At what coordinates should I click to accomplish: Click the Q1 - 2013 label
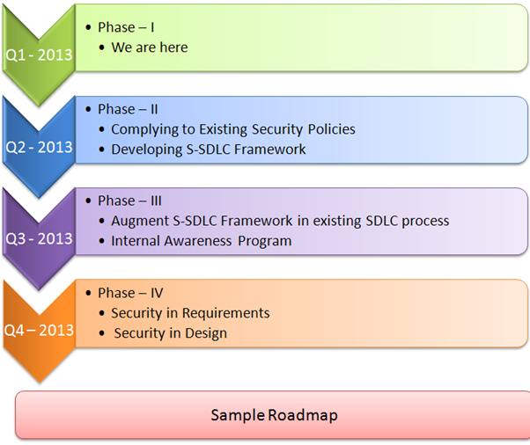(x=39, y=55)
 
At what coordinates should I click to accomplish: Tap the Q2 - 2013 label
(x=39, y=147)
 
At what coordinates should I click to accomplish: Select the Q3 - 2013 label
(x=39, y=238)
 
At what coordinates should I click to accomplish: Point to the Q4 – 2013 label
(x=39, y=331)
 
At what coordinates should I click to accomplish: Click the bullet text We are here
(x=149, y=47)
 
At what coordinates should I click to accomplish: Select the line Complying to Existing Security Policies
(x=232, y=129)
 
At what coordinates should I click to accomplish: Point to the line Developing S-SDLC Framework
(x=208, y=150)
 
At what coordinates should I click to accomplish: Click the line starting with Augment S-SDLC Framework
(x=279, y=221)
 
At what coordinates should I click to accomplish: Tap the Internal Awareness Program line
(x=201, y=241)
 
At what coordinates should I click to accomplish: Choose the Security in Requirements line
(x=190, y=313)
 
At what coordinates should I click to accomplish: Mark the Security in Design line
(x=170, y=333)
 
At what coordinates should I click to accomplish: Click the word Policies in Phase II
(x=332, y=129)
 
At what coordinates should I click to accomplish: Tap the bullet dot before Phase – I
(x=88, y=27)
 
